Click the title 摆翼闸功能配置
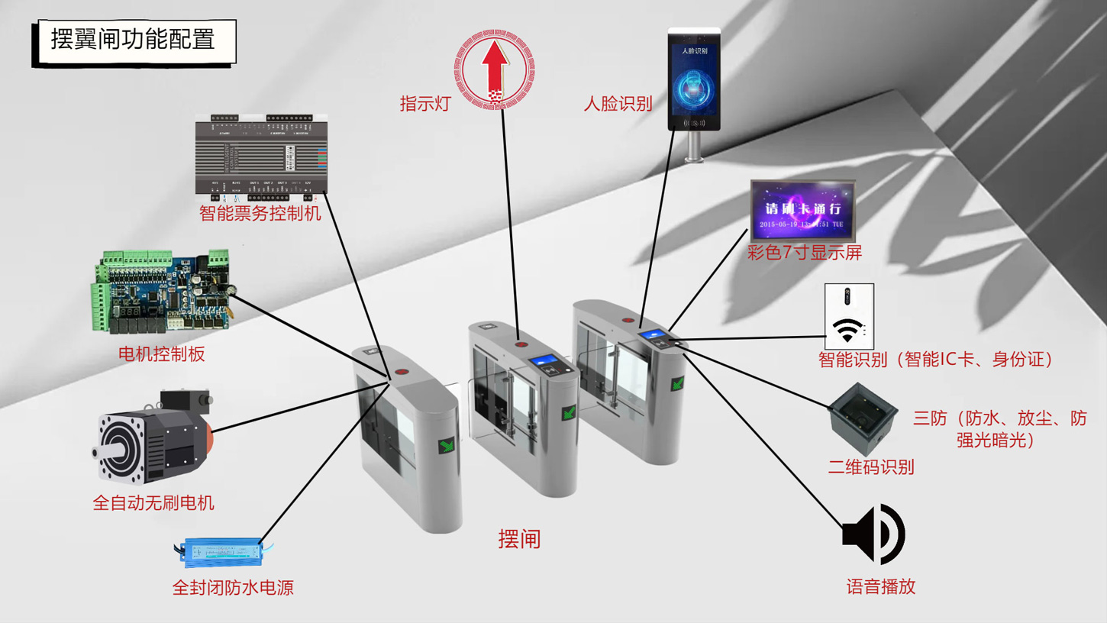[x=134, y=40]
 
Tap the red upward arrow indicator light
[x=495, y=69]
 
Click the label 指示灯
[x=426, y=104]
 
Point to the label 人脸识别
[x=618, y=104]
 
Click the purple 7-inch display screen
[x=802, y=210]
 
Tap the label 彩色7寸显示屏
[x=805, y=253]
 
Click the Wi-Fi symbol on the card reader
[x=847, y=330]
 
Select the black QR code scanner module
[x=863, y=418]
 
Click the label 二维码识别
[x=871, y=467]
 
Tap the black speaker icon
[x=873, y=534]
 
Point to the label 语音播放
[x=880, y=586]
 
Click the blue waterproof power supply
[x=222, y=551]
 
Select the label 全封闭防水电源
[x=233, y=587]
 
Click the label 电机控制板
[x=161, y=353]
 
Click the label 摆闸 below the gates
[x=519, y=539]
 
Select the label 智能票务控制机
[x=260, y=213]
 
